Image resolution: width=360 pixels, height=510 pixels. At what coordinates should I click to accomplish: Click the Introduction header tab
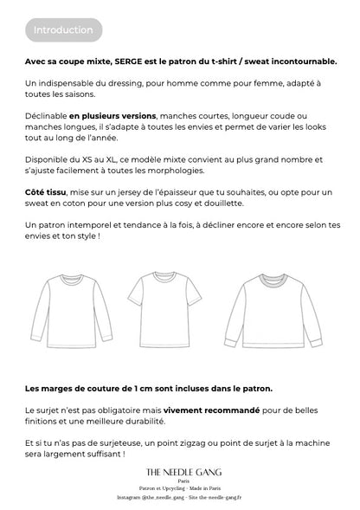63,30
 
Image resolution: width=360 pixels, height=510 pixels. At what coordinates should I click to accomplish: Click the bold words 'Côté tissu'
50,191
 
